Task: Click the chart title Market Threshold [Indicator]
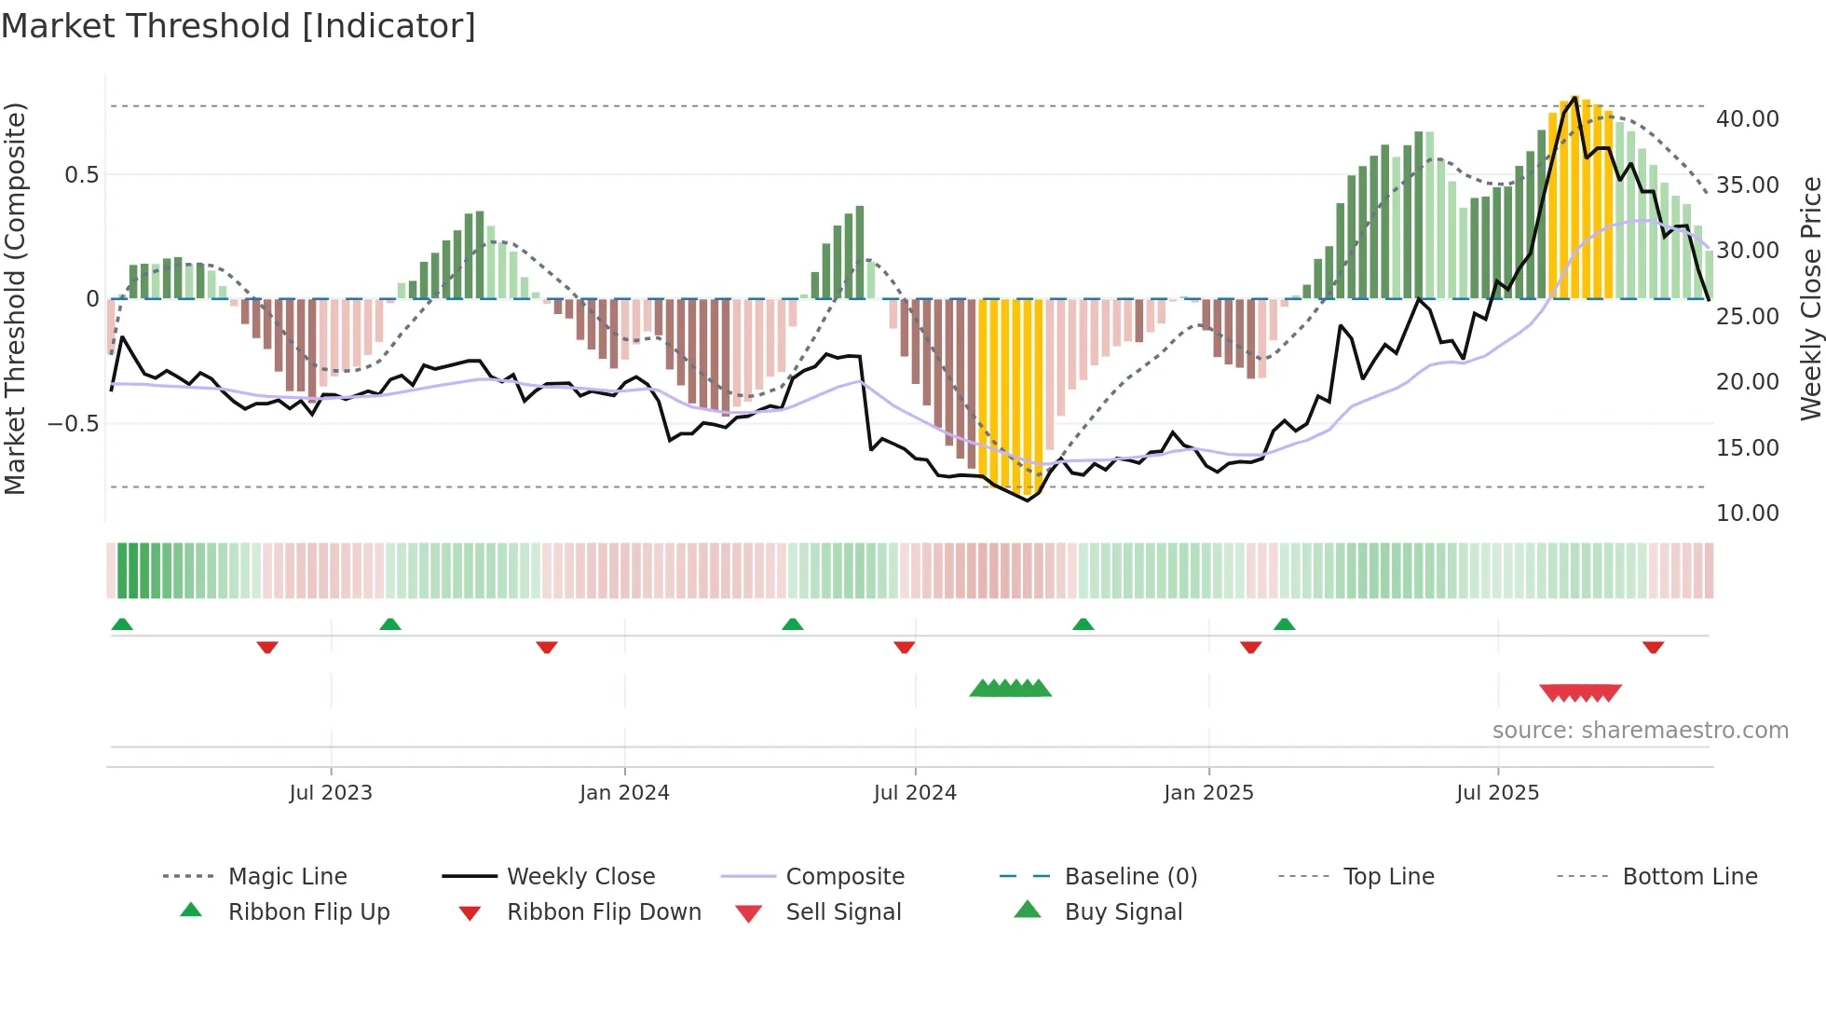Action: (238, 26)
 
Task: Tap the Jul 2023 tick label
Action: (330, 793)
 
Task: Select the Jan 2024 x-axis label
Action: (623, 793)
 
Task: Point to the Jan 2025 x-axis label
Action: (1208, 793)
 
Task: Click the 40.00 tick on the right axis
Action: (1747, 119)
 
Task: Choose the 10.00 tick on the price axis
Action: (1747, 513)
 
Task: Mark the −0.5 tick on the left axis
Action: (74, 424)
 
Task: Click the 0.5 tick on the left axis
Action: (81, 175)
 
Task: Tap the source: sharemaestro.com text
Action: (1640, 731)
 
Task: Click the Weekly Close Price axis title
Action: (1810, 298)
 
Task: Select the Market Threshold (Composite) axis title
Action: (15, 298)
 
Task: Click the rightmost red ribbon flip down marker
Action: (1653, 647)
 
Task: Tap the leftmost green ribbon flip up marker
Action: (122, 624)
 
